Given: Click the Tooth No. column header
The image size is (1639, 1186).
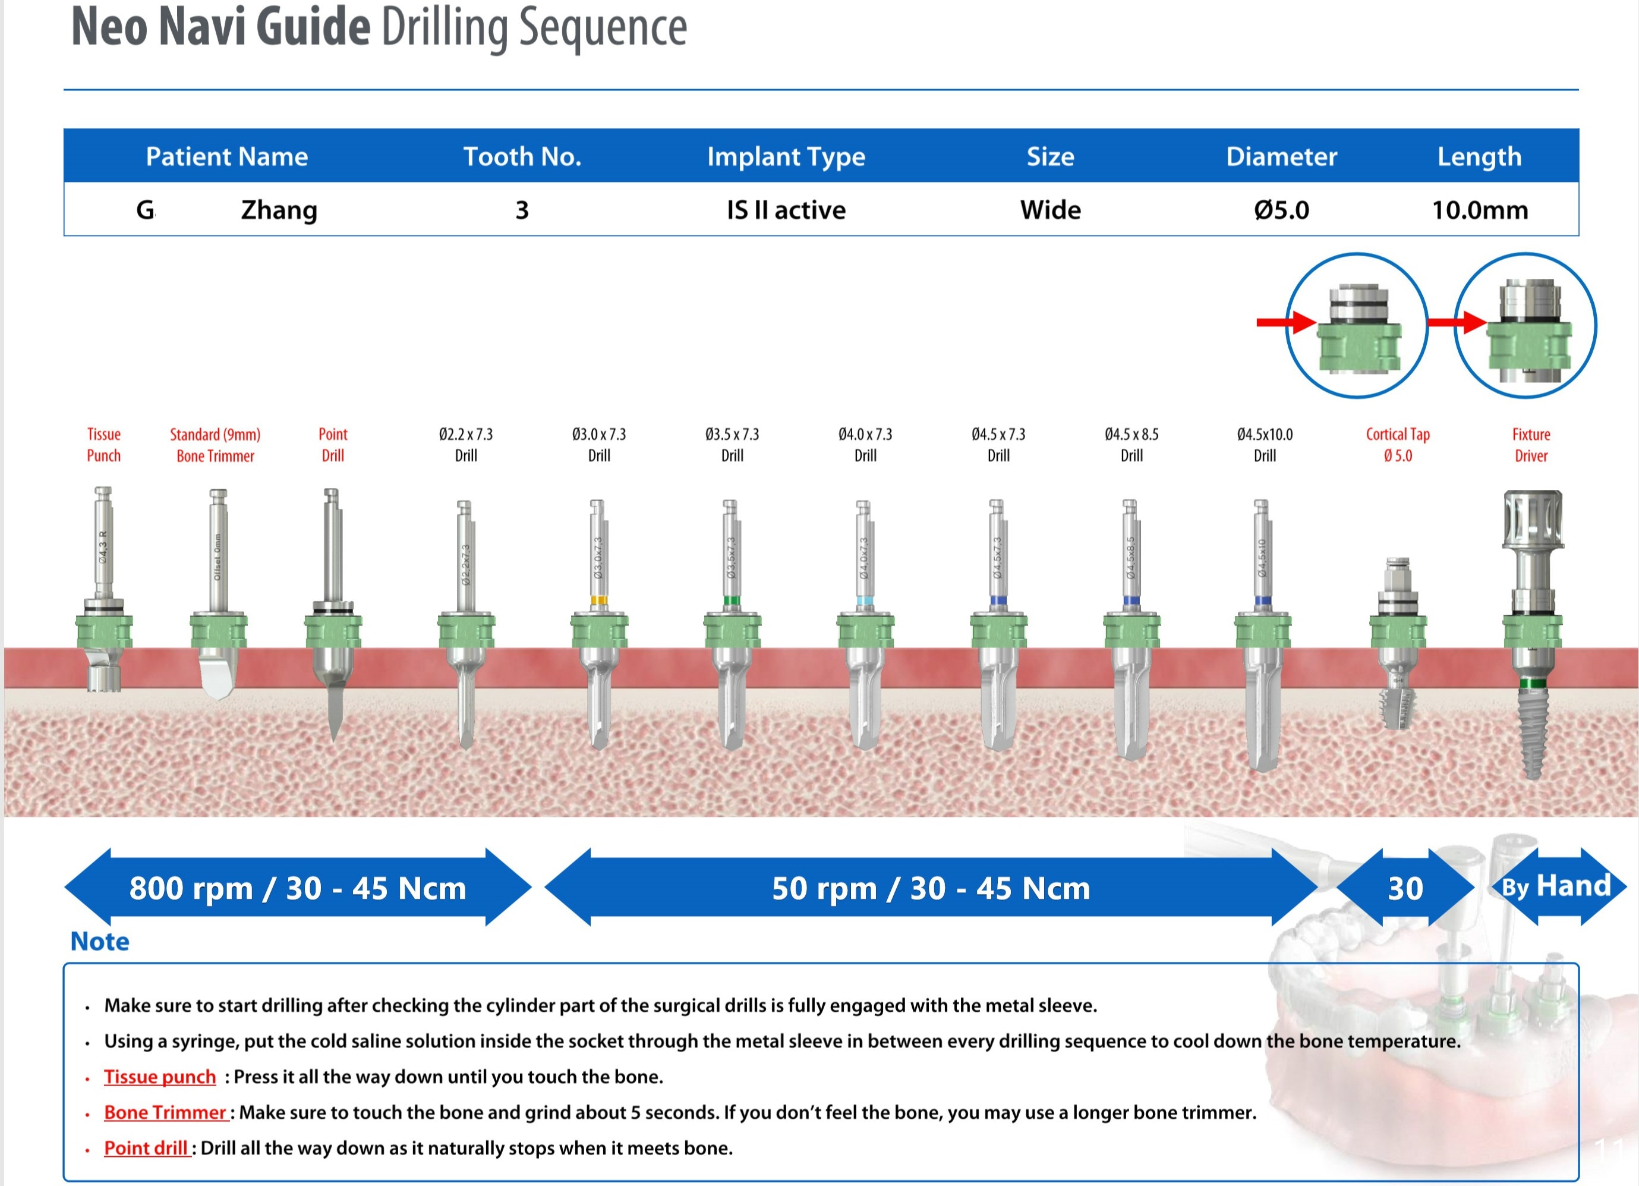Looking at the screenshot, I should click(522, 156).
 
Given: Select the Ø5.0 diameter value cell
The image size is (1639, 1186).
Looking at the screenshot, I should click(1281, 210).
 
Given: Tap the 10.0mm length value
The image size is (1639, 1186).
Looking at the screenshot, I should click(1479, 210).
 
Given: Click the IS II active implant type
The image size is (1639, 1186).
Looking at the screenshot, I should click(786, 210).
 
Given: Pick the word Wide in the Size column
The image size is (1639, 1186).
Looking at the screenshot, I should click(1050, 210).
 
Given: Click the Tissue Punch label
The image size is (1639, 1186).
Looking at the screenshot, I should click(104, 445).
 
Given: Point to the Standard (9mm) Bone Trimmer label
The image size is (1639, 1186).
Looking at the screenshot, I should click(215, 445).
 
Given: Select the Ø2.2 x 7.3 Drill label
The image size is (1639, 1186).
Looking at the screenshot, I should click(466, 445).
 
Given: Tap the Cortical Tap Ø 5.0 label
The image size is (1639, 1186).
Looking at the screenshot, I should click(1398, 445).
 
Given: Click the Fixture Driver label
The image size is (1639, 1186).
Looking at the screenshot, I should click(1531, 445).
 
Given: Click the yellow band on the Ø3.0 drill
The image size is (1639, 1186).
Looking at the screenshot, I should click(598, 600).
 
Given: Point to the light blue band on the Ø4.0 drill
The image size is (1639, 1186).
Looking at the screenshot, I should click(863, 601).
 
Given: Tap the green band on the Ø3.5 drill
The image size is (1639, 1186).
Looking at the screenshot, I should click(732, 600).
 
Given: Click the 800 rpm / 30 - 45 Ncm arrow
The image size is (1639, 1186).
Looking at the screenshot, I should click(298, 888).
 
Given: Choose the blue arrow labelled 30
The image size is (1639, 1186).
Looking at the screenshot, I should click(1405, 888).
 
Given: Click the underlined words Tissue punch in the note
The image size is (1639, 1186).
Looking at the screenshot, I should click(160, 1077).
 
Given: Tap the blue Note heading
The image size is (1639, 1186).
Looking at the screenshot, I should click(100, 941).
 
